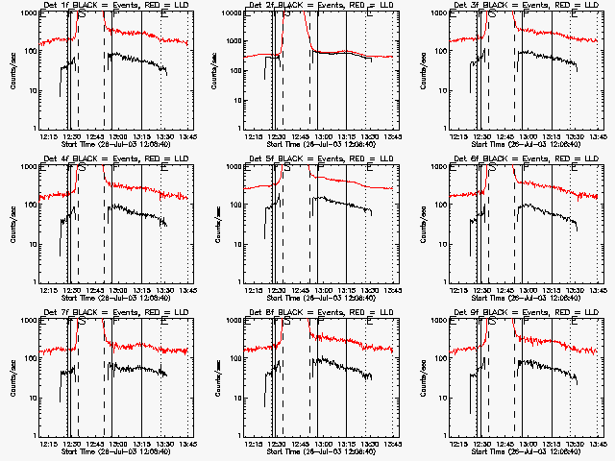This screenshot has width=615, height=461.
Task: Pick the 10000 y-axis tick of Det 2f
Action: [x=231, y=13]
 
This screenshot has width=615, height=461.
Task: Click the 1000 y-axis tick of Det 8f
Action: [x=234, y=321]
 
